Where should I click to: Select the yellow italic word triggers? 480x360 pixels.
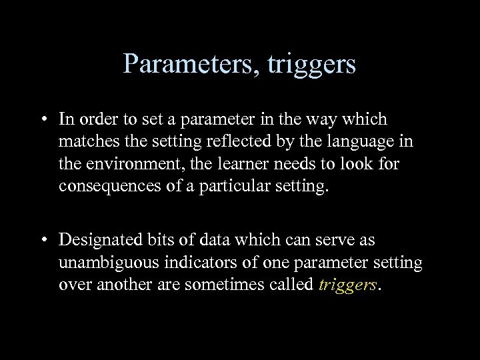tap(348, 285)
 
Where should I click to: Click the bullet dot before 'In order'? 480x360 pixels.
tap(42, 120)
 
